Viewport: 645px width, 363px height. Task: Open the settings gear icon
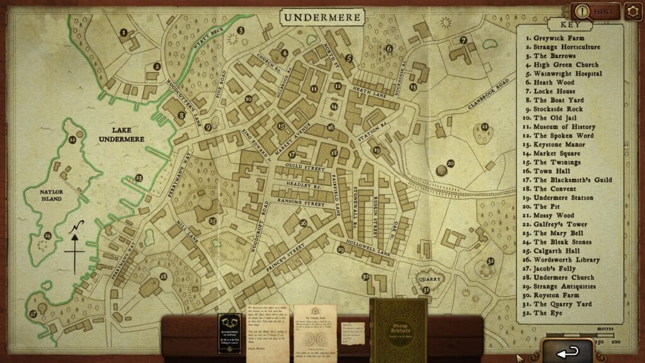[632, 11]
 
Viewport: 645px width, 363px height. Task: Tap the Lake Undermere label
[120, 134]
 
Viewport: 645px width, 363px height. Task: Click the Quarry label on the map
[430, 278]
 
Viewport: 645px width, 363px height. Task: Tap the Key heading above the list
[564, 25]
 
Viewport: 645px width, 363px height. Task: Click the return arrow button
[566, 349]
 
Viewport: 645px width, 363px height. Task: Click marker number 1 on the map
[124, 32]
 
